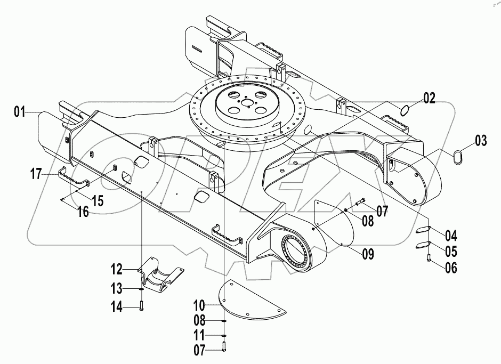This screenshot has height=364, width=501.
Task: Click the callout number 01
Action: coord(20,111)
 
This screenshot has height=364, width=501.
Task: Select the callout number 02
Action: coord(430,98)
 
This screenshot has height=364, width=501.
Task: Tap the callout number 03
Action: coord(481,142)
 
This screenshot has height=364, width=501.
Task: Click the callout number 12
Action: coord(117,268)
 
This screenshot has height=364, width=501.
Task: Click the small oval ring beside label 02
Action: coord(405,110)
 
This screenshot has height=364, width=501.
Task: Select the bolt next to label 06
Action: coord(429,260)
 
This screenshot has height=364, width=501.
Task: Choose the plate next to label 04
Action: coord(423,230)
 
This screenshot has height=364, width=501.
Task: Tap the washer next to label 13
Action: coord(141,289)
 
